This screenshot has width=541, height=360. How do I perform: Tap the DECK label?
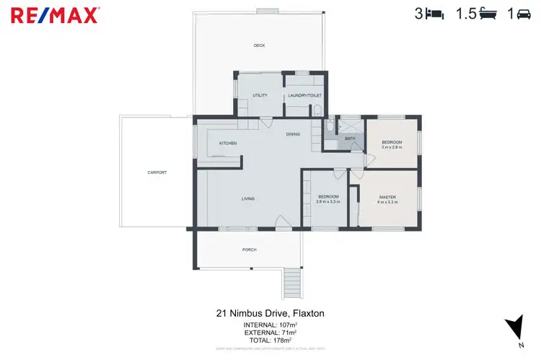[x=259, y=45]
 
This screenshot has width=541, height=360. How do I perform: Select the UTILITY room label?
[x=260, y=95]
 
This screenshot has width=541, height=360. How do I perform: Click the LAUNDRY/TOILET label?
[x=304, y=95]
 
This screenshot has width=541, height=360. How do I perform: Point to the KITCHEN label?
[x=228, y=144]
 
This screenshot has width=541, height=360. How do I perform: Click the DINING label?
[x=292, y=134]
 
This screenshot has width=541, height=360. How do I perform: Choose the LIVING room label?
[x=248, y=198]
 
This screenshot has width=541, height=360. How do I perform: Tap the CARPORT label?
[x=157, y=172]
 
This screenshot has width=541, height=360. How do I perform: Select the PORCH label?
[x=249, y=250]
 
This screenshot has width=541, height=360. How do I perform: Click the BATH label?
[x=350, y=138]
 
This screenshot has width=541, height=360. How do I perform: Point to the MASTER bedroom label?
[x=387, y=197]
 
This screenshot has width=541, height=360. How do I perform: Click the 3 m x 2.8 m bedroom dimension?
[x=392, y=147]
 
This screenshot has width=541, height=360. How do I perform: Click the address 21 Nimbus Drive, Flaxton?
[x=270, y=314]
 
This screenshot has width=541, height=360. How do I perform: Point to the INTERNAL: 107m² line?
[x=270, y=325]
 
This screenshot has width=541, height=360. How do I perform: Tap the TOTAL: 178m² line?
[x=270, y=340]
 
